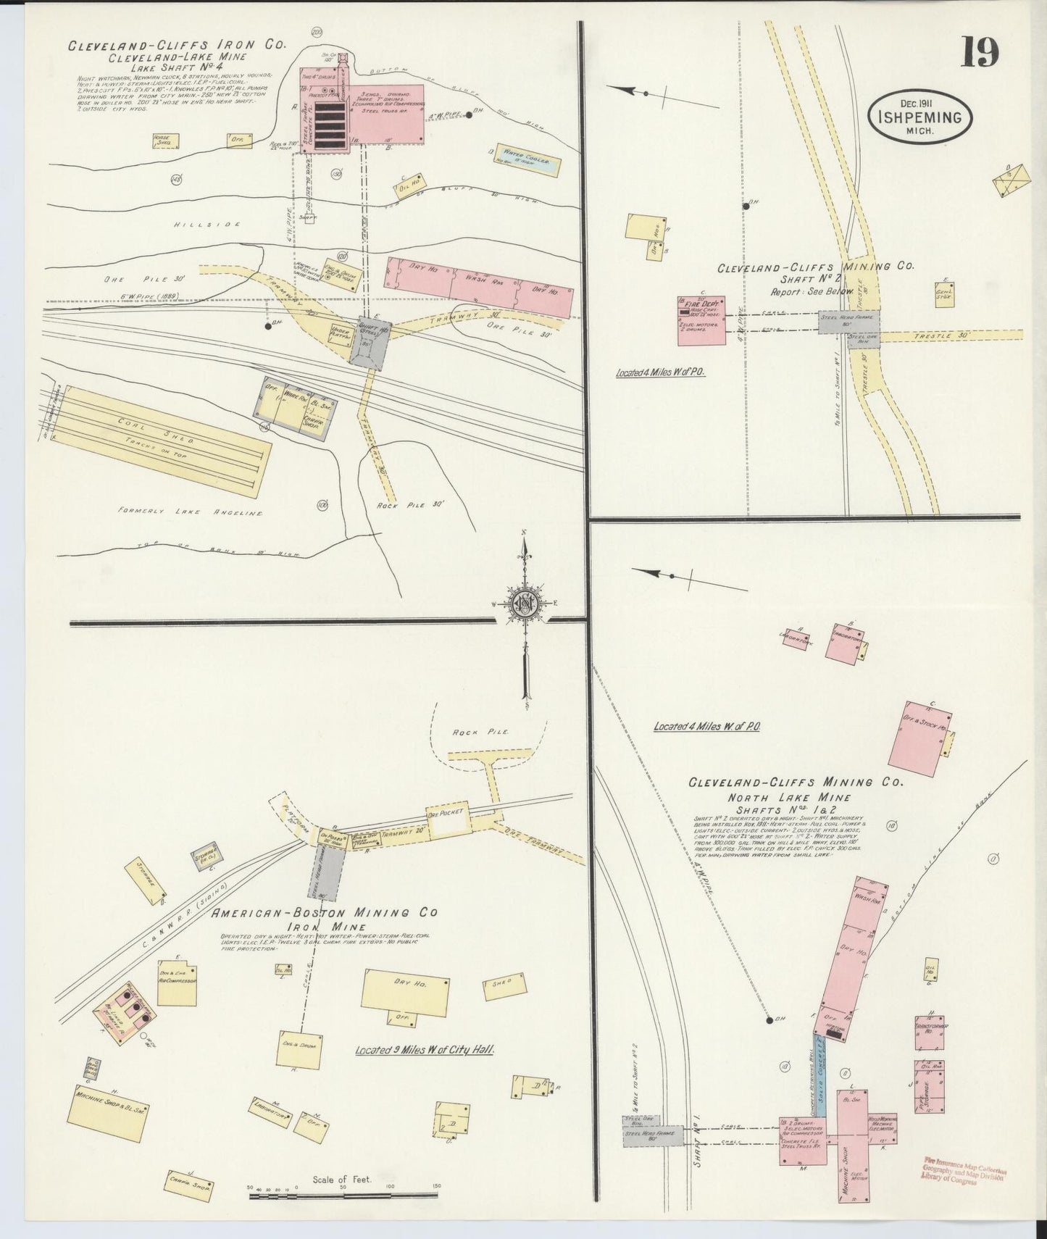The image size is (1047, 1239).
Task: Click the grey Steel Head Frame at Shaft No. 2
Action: [848, 322]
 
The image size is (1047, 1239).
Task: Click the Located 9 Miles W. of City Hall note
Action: [424, 1048]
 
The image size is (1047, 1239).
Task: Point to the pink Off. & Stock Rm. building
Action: [917, 739]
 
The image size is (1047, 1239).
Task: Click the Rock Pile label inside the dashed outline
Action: [470, 732]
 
